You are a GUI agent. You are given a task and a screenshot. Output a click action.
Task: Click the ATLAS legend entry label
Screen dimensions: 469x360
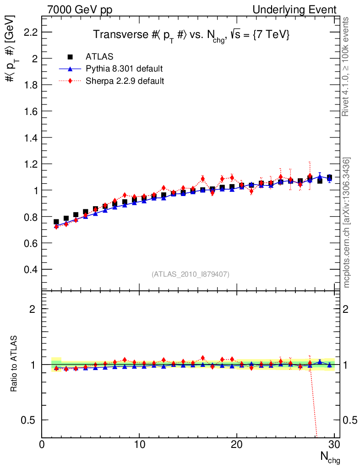click(99, 57)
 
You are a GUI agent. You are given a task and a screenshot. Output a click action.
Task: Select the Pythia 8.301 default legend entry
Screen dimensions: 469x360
click(124, 69)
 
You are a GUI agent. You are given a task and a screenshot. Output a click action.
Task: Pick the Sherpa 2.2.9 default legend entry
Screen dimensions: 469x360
click(125, 81)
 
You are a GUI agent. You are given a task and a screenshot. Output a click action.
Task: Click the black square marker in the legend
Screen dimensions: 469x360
click(71, 57)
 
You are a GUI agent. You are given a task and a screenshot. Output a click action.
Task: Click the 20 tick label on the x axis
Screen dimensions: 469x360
click(237, 444)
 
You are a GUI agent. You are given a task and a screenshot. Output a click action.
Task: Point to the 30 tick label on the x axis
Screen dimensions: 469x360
click(334, 444)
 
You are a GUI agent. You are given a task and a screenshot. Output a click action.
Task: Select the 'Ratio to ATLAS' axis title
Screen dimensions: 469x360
click(15, 364)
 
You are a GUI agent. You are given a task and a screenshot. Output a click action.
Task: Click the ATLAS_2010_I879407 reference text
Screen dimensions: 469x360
click(191, 274)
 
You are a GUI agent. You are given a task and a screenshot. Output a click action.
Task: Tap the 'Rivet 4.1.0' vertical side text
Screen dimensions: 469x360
click(346, 67)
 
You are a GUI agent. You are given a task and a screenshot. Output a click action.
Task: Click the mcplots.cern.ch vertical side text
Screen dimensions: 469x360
click(346, 223)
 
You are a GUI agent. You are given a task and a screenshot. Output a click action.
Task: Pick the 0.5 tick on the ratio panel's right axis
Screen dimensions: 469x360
click(350, 420)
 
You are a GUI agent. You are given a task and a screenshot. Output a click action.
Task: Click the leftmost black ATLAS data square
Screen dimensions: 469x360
click(56, 222)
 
